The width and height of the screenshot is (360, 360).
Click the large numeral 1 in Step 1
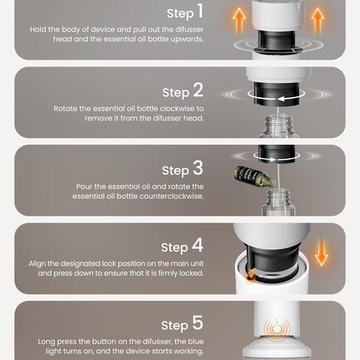point(200,11)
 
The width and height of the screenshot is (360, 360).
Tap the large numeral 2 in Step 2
point(198,90)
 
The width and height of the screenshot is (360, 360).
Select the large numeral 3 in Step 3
point(198,168)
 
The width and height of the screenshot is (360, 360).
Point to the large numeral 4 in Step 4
point(198,245)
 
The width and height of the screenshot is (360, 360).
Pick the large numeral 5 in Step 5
point(198,323)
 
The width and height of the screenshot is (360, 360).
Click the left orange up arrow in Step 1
point(239,20)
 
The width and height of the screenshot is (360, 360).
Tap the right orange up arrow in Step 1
point(317,20)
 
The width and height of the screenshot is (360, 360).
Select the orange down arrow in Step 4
point(321,252)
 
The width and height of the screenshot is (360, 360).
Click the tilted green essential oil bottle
point(255,177)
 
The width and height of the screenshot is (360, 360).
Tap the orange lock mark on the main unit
point(251,275)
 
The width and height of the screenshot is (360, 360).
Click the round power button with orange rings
point(276,330)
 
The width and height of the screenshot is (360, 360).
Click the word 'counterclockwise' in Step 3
point(172,196)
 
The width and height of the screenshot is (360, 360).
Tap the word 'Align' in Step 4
point(37,264)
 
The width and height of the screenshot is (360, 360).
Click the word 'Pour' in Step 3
point(84,187)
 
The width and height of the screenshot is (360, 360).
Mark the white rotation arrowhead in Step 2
point(280,99)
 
